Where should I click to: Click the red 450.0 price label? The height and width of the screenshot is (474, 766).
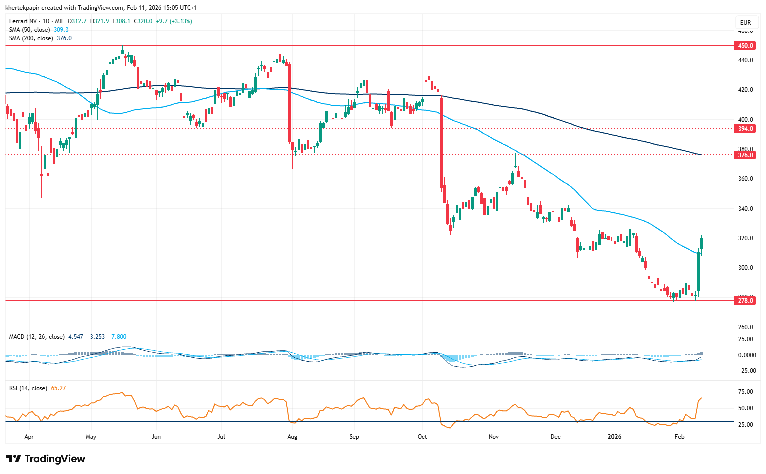pos(745,46)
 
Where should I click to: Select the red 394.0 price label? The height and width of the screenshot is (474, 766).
pos(745,129)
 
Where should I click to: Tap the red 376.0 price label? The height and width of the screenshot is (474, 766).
pos(745,155)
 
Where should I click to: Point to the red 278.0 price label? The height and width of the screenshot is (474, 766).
pos(745,301)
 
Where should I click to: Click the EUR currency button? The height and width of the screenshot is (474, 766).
pos(745,23)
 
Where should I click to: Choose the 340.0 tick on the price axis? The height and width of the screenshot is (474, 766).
pos(745,209)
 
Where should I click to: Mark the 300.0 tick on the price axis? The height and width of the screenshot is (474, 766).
pos(745,268)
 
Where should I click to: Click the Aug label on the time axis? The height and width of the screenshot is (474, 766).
pos(292,437)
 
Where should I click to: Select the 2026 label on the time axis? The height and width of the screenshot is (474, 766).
pos(614,437)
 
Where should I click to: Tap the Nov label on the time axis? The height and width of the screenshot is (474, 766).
pos(494,437)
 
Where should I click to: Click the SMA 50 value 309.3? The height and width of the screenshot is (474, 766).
pos(61,30)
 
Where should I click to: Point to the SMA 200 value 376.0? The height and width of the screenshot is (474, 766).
pos(64,38)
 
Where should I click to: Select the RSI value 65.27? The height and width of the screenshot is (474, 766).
pos(59,388)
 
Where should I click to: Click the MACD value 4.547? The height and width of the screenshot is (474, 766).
pos(76,337)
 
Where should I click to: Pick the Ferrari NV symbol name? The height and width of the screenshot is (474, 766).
pos(23,21)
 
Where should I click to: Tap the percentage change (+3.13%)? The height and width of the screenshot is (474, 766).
pos(181,21)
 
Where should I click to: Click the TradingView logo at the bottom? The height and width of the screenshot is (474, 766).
pos(46,459)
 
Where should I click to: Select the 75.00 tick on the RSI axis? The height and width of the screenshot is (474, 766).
pos(745,392)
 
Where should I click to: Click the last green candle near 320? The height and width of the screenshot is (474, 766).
pos(702,244)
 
